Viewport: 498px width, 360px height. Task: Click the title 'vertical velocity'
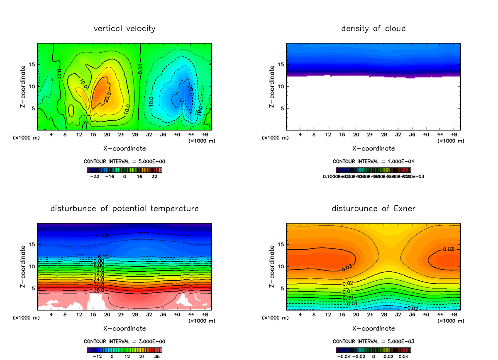(x=124, y=29)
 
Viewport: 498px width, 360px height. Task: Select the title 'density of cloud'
(x=373, y=29)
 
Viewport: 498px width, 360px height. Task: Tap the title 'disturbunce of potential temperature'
(x=124, y=208)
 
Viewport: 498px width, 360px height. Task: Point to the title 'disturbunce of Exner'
(x=373, y=208)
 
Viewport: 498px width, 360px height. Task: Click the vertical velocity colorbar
(x=124, y=170)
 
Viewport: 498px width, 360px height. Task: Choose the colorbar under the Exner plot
(x=373, y=350)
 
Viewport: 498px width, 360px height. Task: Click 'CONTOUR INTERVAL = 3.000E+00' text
(x=124, y=341)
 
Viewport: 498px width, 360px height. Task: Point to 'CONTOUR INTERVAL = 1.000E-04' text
(x=373, y=161)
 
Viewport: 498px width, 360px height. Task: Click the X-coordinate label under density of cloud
(x=373, y=148)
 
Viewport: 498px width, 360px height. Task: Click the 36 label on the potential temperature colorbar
(x=157, y=356)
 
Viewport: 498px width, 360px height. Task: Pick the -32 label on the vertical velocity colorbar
(x=96, y=176)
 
